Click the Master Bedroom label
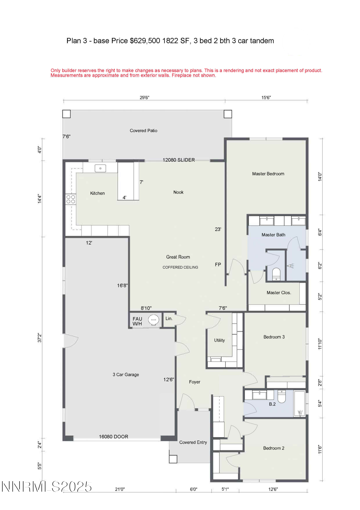pos(268,174)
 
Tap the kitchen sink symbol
pos(100,168)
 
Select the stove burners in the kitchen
pos(71,199)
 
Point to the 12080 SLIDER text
pos(179,160)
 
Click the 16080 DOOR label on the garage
pos(113,437)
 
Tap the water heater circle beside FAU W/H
pos(153,320)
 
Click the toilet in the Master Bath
pos(276,274)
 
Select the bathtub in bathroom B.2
pos(300,403)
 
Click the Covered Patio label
pos(143,131)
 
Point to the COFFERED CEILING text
pos(180,267)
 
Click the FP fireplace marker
pos(218,264)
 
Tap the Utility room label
pos(219,340)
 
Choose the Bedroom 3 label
pos(274,337)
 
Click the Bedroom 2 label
pos(274,448)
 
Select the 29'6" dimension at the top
pos(144,97)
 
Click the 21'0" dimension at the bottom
pos(120,489)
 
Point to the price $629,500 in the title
pos(145,41)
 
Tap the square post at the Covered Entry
pos(173,459)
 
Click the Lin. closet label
pos(169,318)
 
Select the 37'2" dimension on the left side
pos(39,338)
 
